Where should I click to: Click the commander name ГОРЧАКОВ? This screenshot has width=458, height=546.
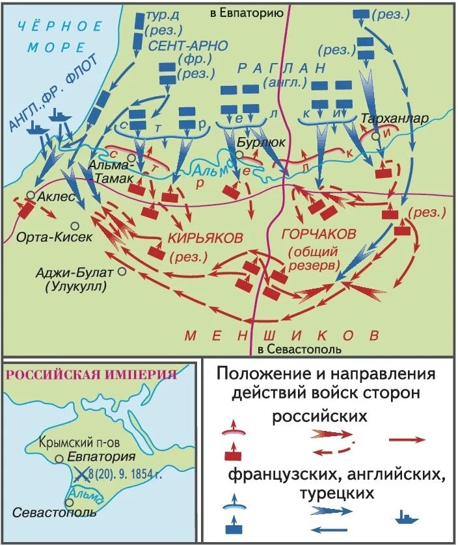[318, 233]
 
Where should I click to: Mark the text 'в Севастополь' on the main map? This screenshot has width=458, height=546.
[290, 350]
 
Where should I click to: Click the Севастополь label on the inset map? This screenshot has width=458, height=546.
[55, 512]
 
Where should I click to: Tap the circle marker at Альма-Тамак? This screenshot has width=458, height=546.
[131, 158]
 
